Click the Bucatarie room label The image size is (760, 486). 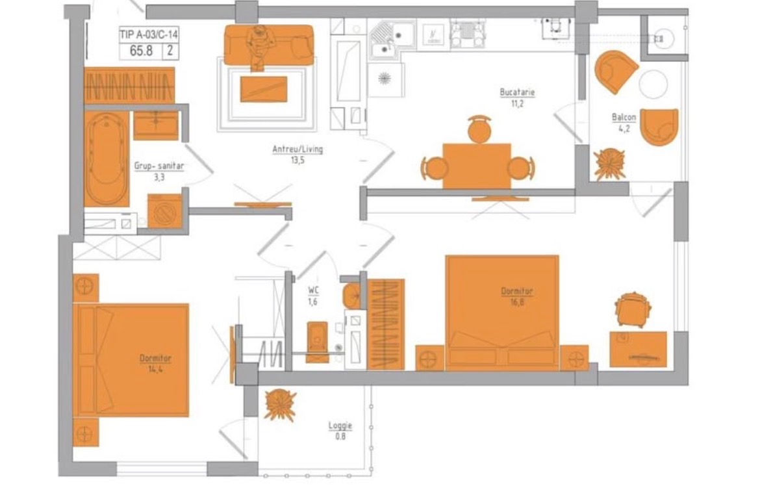click(517, 92)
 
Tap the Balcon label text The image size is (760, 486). click(624, 118)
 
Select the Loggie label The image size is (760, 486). click(340, 426)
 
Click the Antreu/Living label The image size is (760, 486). click(298, 149)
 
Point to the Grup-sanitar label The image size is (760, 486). click(159, 166)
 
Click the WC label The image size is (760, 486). click(313, 290)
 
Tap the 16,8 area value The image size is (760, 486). click(517, 302)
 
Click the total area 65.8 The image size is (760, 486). click(141, 51)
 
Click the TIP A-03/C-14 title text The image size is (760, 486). click(149, 34)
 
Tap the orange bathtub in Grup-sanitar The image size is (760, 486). click(107, 159)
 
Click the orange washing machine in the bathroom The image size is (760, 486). click(165, 211)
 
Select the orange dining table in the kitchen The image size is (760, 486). click(476, 166)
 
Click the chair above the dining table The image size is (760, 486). click(479, 129)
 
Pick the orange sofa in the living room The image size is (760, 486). click(268, 45)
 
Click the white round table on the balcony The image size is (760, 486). click(653, 84)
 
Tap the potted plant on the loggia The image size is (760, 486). click(280, 405)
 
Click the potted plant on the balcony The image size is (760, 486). click(609, 164)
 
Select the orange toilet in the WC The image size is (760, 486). click(318, 336)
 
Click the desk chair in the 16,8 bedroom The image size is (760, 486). click(632, 310)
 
